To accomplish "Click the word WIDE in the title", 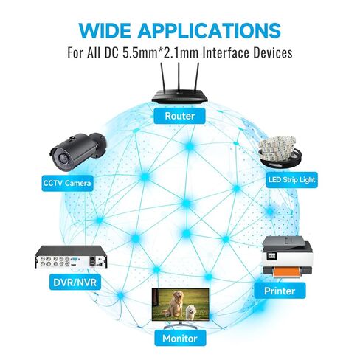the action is (105, 30).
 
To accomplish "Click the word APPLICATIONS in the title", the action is (209, 30).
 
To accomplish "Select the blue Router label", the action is (179, 116).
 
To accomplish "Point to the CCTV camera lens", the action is (61, 158).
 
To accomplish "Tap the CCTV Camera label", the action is (67, 183).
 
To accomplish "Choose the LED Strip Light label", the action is (291, 180).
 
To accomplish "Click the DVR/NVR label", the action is (75, 282).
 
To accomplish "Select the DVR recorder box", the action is (72, 257).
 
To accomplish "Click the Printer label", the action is (280, 291).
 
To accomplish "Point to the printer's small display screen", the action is (271, 255).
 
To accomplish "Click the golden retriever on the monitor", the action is (174, 304).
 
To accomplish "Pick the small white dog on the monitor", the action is (190, 312).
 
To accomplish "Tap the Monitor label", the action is (180, 339).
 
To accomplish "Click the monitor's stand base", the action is (181, 327).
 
